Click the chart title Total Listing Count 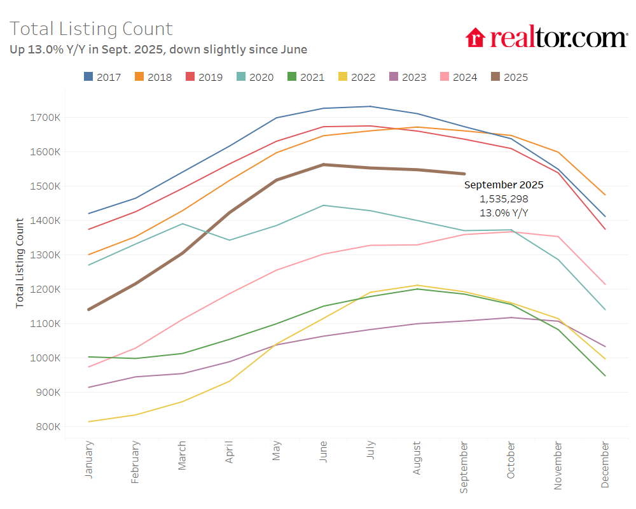click(91, 29)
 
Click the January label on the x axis click(88, 459)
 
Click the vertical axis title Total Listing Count click(20, 263)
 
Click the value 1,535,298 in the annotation click(503, 199)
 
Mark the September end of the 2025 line click(464, 174)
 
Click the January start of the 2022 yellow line click(89, 422)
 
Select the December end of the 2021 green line click(605, 375)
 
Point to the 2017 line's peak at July click(370, 106)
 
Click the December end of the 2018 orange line click(605, 195)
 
